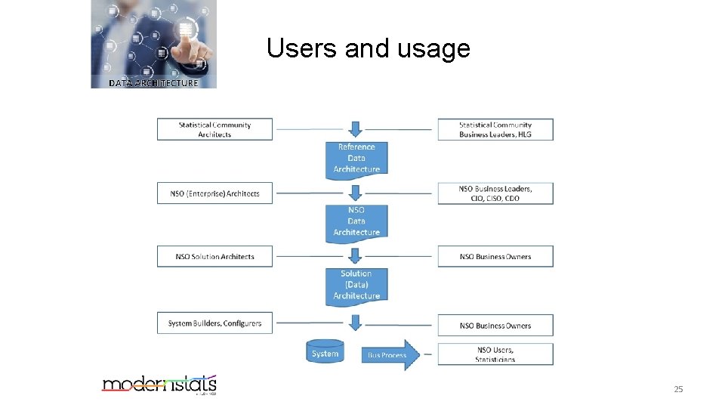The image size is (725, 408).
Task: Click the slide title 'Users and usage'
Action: pyautogui.click(x=368, y=49)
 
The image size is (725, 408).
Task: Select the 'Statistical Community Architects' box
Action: pyautogui.click(x=214, y=129)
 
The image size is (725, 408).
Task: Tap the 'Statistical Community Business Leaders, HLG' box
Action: pyautogui.click(x=495, y=129)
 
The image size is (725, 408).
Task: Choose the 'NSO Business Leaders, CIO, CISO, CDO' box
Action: pyautogui.click(x=495, y=193)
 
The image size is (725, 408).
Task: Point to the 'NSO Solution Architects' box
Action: pyautogui.click(x=214, y=257)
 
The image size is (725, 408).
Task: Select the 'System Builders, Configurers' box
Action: pyautogui.click(x=214, y=323)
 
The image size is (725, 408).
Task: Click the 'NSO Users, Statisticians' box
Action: pyautogui.click(x=495, y=354)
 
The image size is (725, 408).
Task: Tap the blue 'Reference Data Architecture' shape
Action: pyautogui.click(x=356, y=159)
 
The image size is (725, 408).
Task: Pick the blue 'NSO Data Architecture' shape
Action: pyautogui.click(x=356, y=221)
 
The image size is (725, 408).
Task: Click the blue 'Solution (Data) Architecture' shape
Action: pyautogui.click(x=356, y=285)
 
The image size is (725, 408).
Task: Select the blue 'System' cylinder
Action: pyautogui.click(x=325, y=354)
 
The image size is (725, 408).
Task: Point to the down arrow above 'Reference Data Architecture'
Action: pyautogui.click(x=356, y=128)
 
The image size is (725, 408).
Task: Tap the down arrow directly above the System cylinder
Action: pyautogui.click(x=356, y=323)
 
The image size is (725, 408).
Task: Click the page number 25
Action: pyautogui.click(x=677, y=389)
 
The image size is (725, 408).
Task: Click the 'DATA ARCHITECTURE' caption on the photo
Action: pyautogui.click(x=153, y=83)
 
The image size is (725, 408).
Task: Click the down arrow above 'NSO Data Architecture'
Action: pyautogui.click(x=356, y=193)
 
